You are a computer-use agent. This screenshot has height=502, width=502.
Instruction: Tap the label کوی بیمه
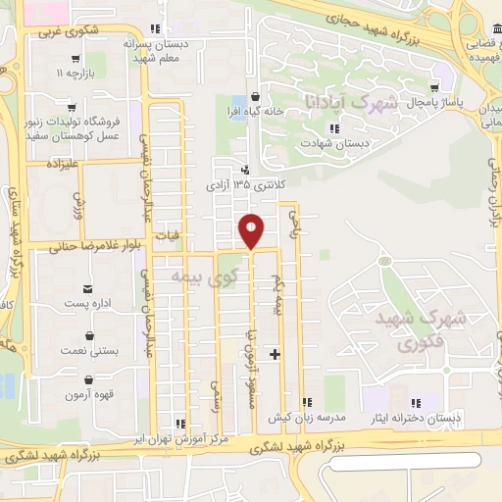point(179,277)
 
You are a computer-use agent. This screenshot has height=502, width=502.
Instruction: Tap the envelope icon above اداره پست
point(89,287)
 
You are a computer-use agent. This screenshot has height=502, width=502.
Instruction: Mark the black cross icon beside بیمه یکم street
point(276,354)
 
